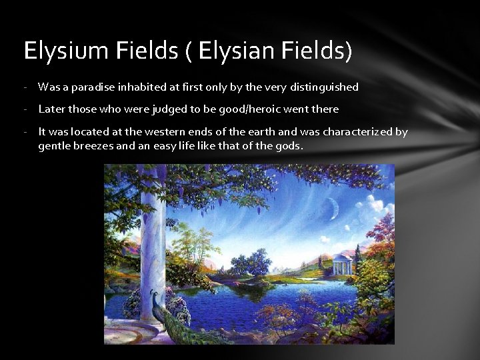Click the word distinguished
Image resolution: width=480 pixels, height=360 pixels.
(x=323, y=87)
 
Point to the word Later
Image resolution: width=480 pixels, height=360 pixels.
(x=52, y=109)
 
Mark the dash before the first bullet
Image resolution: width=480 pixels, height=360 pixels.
(x=24, y=87)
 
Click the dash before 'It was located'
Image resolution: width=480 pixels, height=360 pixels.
(x=24, y=132)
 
